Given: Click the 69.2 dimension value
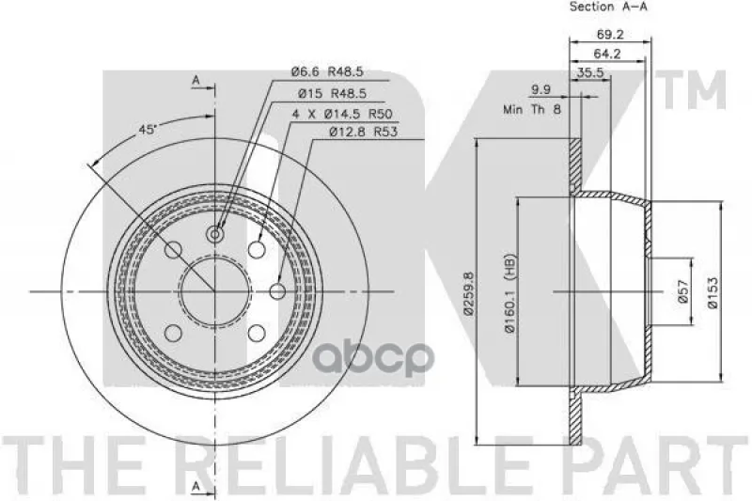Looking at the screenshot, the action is pos(610,35).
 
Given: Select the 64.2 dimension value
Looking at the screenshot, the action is pos(607,54).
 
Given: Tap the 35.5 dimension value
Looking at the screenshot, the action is pos(590,73).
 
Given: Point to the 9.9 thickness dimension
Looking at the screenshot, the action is pos(541,89).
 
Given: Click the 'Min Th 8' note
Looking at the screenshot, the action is pos(532,109).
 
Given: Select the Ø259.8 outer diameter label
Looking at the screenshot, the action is pos(468,293).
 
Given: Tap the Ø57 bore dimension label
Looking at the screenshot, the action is pos(684,291).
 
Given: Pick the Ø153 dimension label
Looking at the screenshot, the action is pos(714,293).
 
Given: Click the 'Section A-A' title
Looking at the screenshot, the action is pos(608,7).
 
